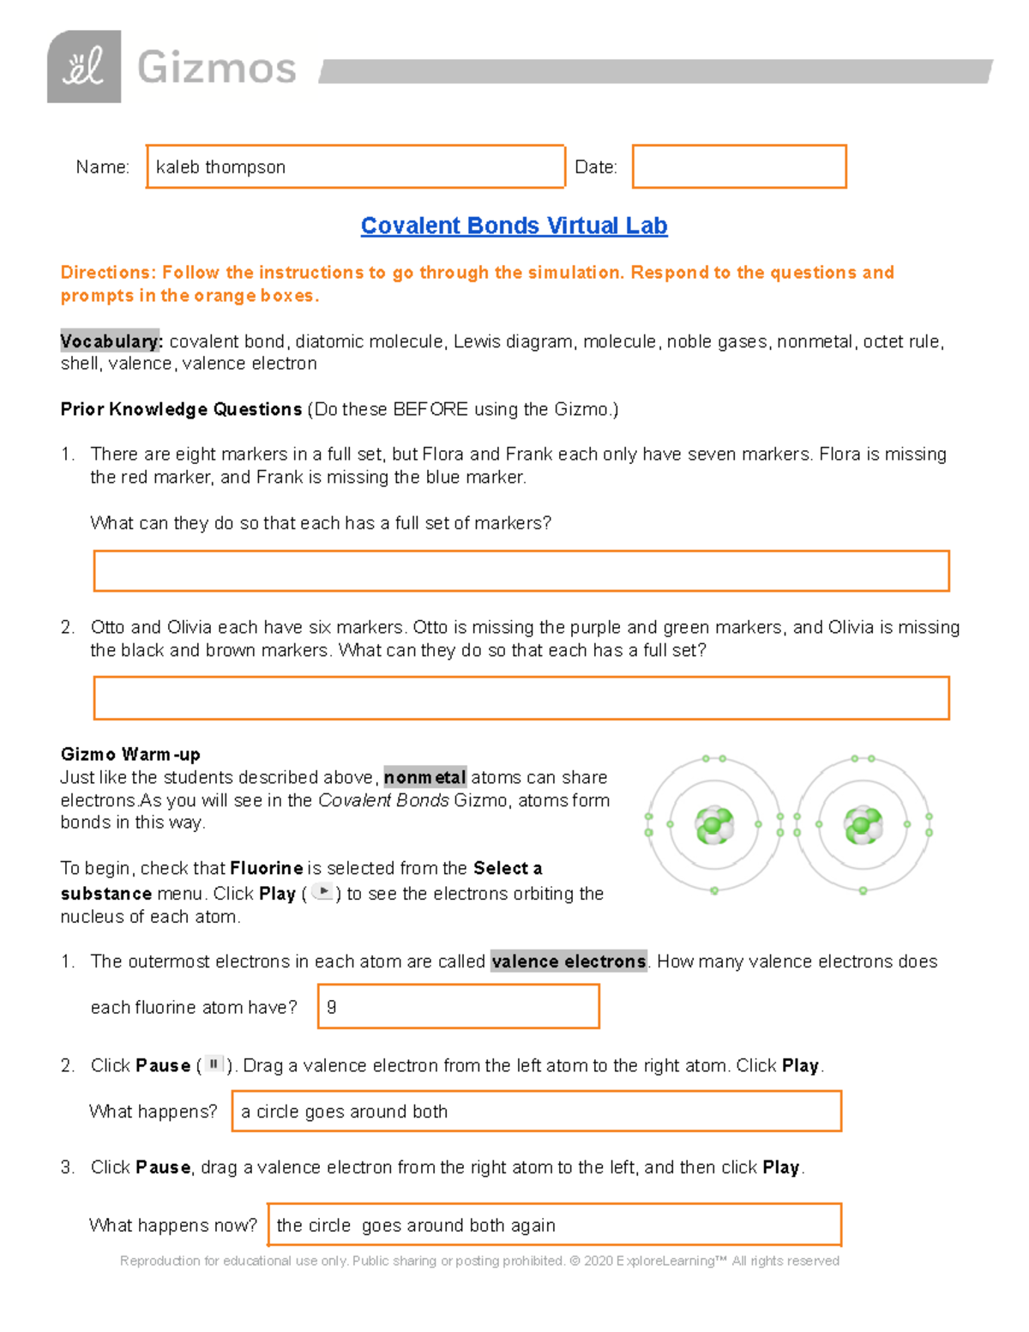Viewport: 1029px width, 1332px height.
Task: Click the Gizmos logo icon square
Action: (83, 67)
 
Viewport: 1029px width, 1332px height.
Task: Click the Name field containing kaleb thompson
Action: (355, 166)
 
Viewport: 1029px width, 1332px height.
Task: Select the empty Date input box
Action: (738, 166)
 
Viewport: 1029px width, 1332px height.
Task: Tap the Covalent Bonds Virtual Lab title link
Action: (514, 226)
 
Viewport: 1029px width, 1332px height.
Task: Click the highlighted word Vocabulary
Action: (110, 341)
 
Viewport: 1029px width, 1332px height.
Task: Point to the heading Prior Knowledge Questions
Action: (181, 409)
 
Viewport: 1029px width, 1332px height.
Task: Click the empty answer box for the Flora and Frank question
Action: (521, 571)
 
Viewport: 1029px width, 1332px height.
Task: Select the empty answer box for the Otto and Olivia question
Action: (521, 698)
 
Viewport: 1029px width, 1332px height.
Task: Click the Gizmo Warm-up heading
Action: (130, 755)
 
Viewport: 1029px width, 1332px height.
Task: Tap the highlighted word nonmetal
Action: (424, 777)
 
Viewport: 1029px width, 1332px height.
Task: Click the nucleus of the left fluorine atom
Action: (713, 825)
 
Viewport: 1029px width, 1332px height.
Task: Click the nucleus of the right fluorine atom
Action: (863, 825)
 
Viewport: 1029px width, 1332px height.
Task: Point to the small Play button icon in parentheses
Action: (322, 892)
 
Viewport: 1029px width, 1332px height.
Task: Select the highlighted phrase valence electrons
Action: (569, 961)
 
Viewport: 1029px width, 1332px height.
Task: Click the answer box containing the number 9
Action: (458, 1007)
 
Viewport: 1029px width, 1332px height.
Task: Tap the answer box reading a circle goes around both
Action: (536, 1112)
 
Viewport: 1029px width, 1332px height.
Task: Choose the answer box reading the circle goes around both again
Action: (554, 1225)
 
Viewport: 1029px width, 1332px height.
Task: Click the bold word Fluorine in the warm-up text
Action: (266, 868)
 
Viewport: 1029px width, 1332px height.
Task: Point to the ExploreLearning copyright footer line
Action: (479, 1261)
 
